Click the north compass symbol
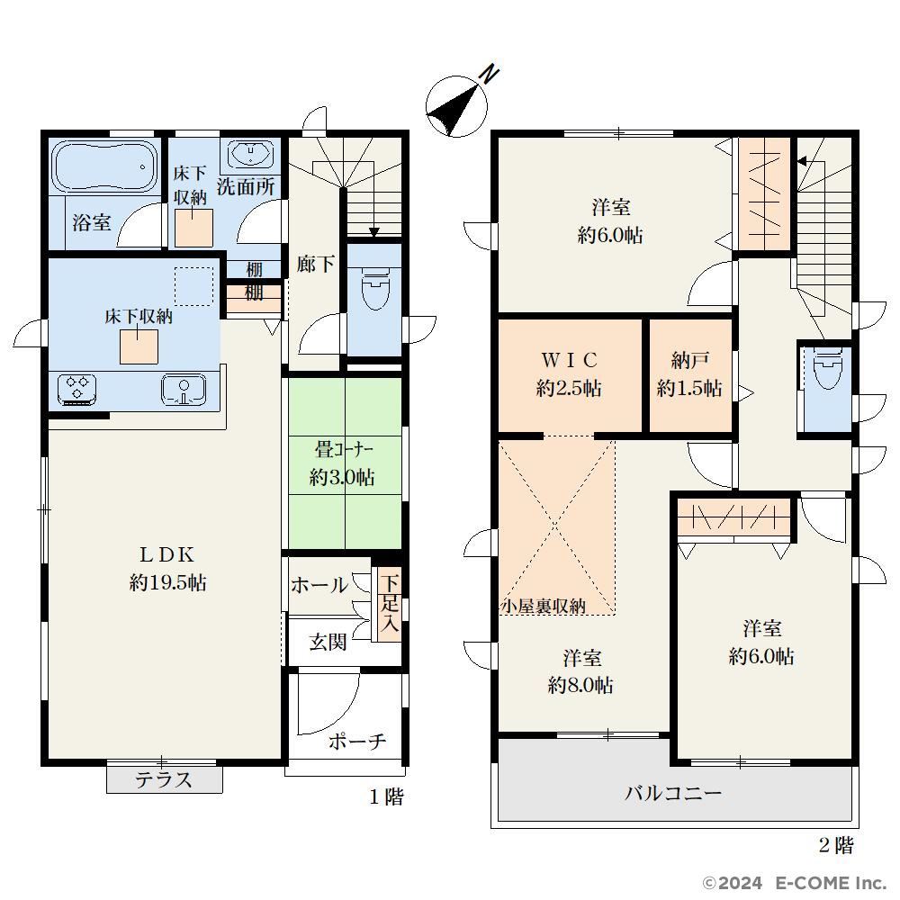[x=457, y=105]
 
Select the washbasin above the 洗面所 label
[x=250, y=155]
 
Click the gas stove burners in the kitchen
[x=76, y=390]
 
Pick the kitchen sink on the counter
[x=184, y=390]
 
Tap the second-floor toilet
[x=827, y=368]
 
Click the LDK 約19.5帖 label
[x=167, y=569]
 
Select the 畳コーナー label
[x=344, y=449]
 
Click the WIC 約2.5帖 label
[x=569, y=374]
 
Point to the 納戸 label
[x=689, y=361]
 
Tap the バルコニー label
[x=672, y=793]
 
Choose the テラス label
[x=164, y=779]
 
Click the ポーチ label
[x=357, y=741]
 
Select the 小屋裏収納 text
[x=543, y=606]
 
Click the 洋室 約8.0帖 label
[x=580, y=671]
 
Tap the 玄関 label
[x=328, y=642]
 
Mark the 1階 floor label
[x=386, y=796]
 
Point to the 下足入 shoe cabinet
[x=389, y=603]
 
